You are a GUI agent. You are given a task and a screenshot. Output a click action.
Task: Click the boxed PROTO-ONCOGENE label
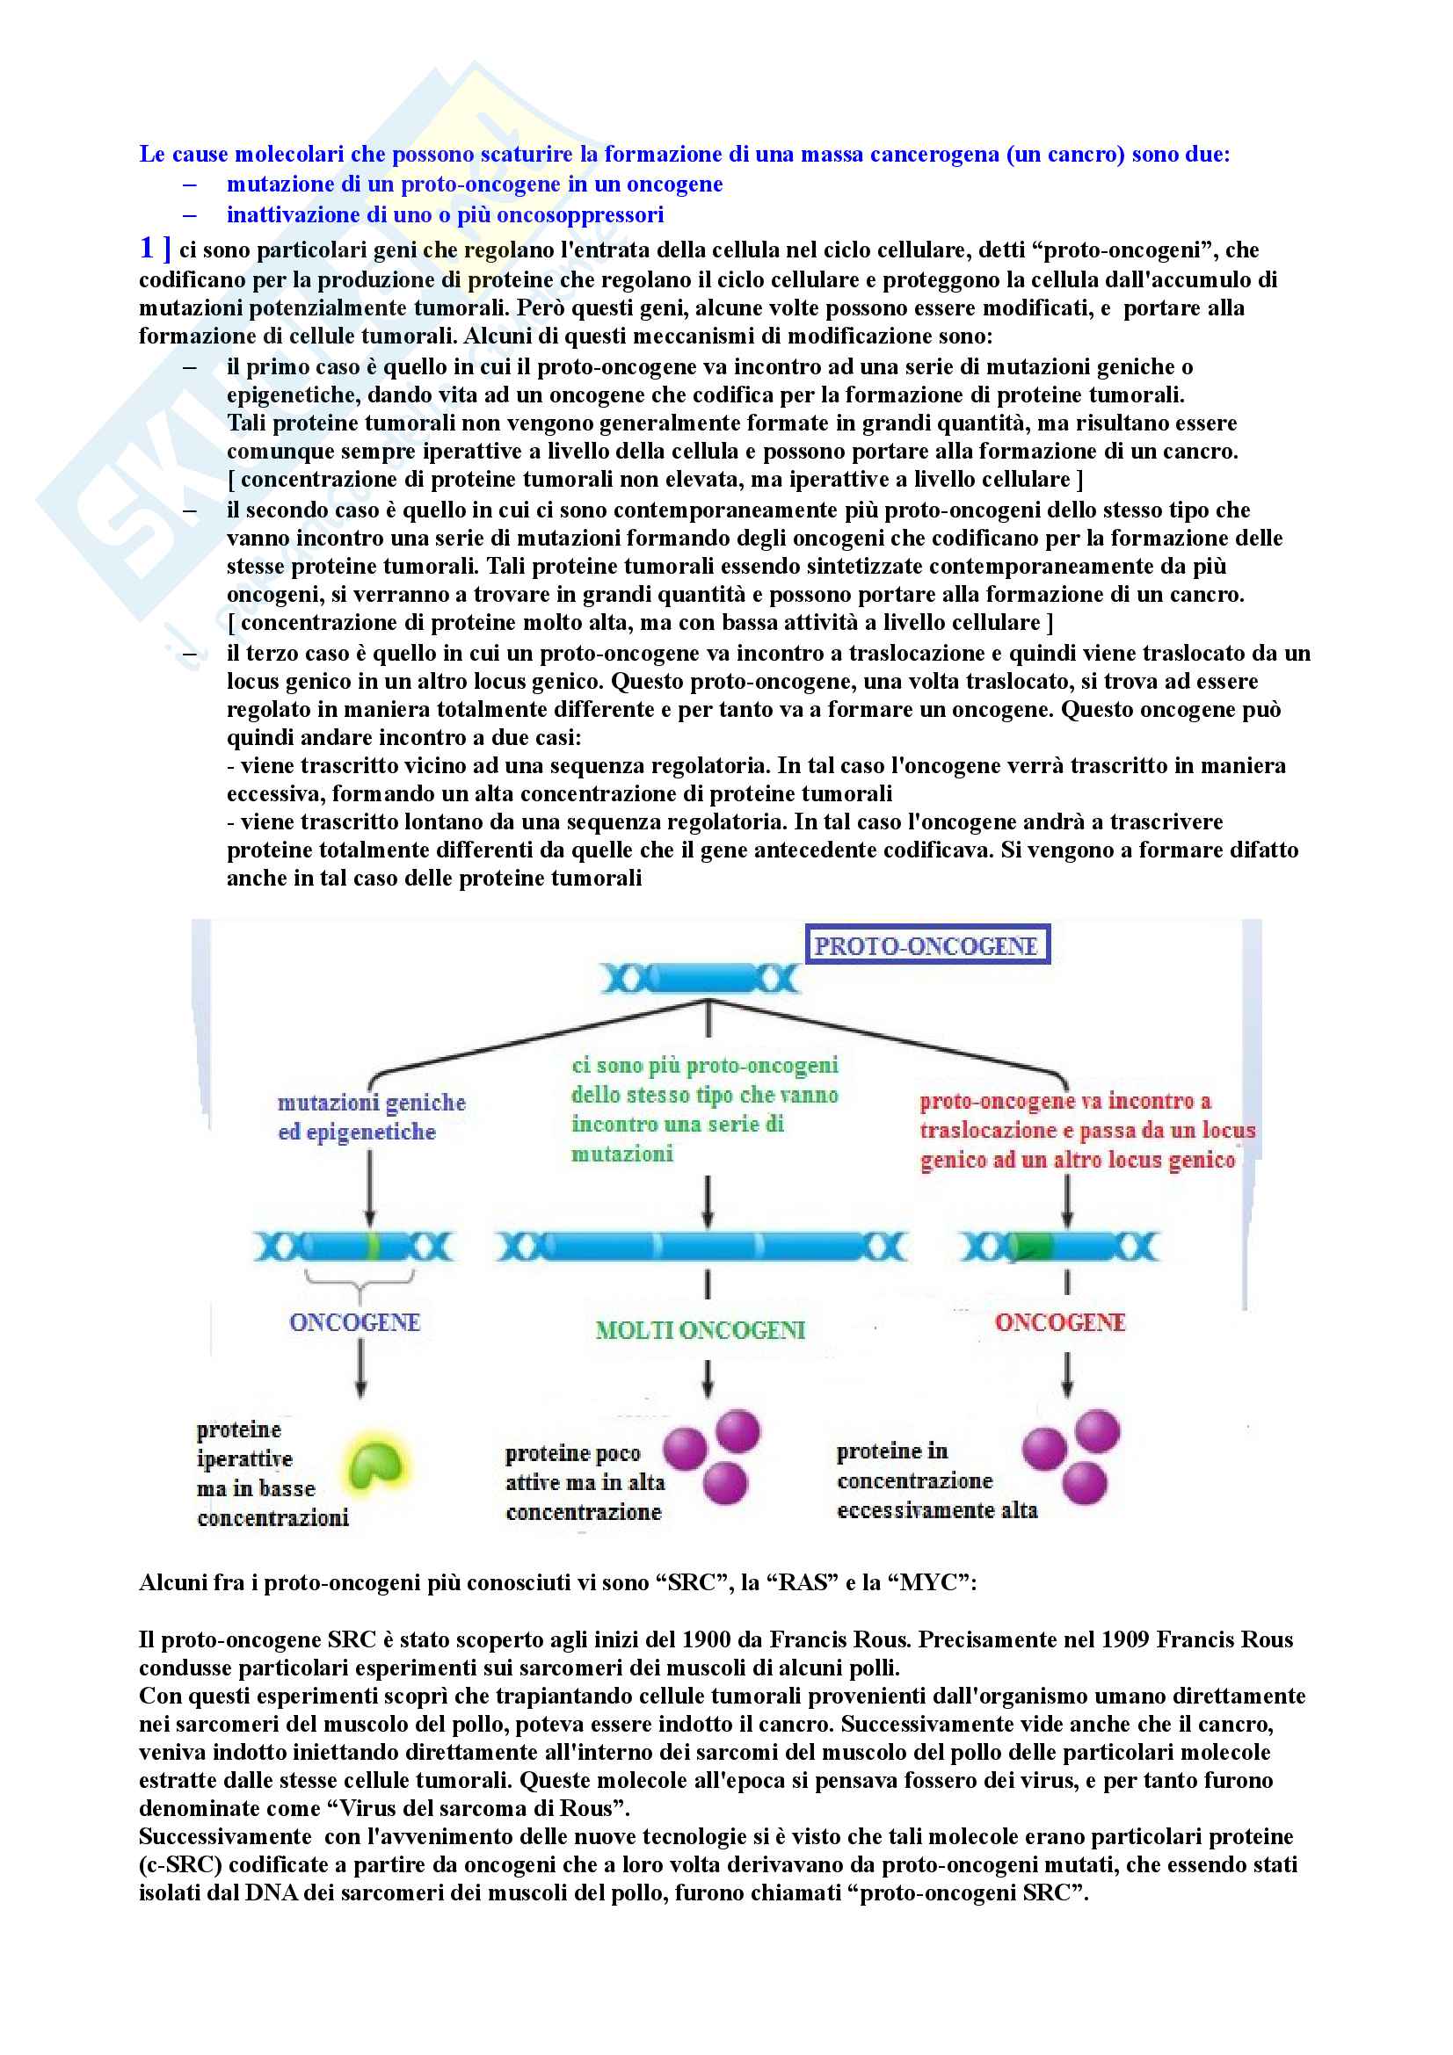click(x=926, y=945)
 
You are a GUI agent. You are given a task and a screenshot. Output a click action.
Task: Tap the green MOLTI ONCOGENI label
click(x=700, y=1330)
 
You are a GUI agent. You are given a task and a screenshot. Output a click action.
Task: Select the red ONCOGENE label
click(x=1060, y=1322)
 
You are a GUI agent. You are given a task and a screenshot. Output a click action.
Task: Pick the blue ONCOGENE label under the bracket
click(x=354, y=1322)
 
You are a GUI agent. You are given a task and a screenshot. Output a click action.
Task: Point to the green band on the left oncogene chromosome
click(x=374, y=1246)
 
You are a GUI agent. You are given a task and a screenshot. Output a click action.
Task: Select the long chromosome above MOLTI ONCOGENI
click(x=703, y=1246)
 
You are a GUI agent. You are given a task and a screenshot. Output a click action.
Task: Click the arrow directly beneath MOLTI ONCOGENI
click(x=708, y=1378)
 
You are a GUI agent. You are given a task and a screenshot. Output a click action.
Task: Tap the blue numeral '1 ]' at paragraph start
click(x=155, y=248)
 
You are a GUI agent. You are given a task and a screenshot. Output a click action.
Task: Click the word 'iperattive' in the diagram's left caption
click(x=244, y=1459)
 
